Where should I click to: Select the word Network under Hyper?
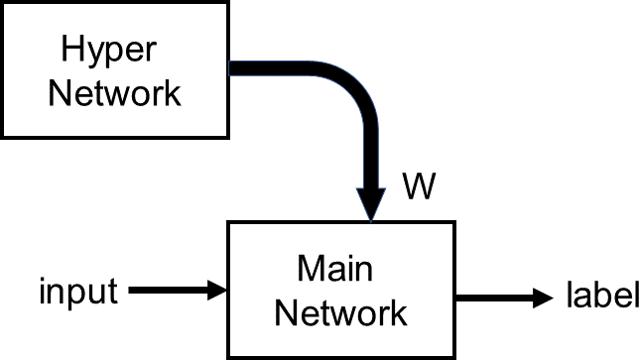(115, 93)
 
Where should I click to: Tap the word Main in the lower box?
(340, 268)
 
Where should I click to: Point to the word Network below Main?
(340, 312)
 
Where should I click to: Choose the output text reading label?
(601, 295)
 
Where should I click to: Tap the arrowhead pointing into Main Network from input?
(217, 291)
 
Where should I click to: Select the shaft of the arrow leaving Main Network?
(491, 297)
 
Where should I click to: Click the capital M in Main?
(309, 268)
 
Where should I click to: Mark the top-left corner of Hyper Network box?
(3, 3)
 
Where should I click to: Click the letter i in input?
(43, 291)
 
